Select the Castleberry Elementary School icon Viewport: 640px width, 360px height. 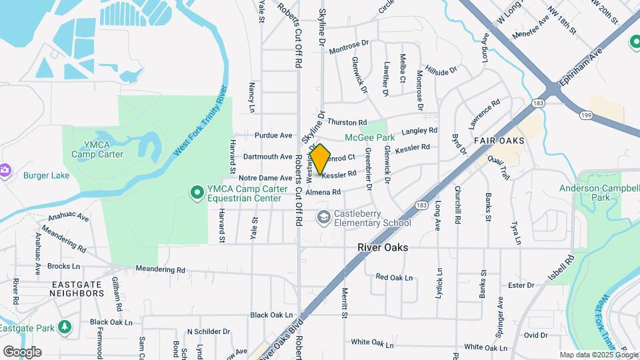coord(323,217)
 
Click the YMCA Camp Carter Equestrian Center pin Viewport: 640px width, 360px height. coord(197,193)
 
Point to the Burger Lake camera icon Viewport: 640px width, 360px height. coord(5,170)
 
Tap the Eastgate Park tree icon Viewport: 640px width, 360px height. coord(65,328)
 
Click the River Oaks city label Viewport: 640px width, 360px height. coord(382,247)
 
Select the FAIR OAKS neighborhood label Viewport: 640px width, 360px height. coord(499,141)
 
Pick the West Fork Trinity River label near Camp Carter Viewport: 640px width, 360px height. coord(201,121)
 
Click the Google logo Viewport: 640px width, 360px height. coord(22,351)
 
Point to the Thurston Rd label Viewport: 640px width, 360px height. coord(347,123)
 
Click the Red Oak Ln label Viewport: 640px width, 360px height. coord(394,277)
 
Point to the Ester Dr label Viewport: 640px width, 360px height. coord(521,285)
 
